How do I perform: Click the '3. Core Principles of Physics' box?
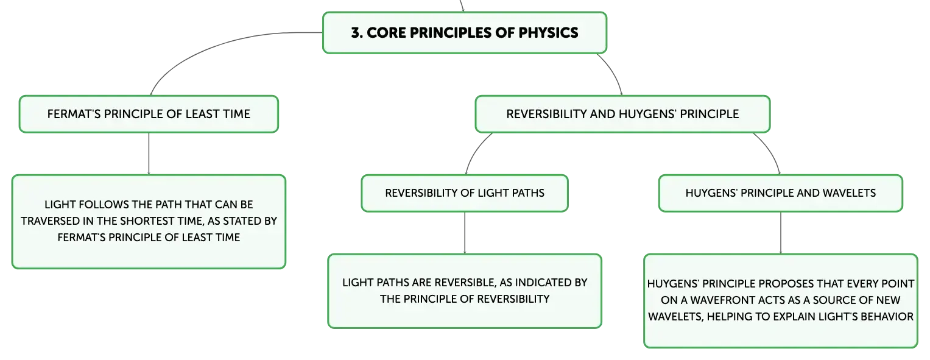click(465, 33)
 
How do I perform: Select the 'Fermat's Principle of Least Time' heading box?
click(149, 114)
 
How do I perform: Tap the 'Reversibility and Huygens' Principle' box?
click(622, 114)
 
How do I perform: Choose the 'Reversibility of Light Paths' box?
click(465, 193)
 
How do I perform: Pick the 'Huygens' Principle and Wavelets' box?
click(781, 193)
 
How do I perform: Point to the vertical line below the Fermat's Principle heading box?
click(149, 154)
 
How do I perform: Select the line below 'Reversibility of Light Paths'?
click(465, 233)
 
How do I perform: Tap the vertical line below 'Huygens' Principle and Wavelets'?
click(781, 233)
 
